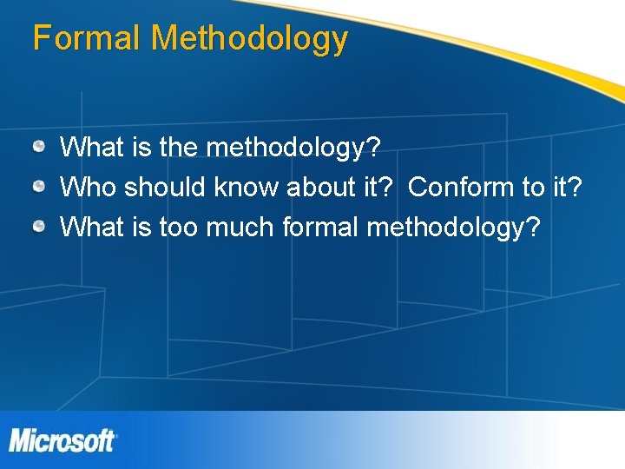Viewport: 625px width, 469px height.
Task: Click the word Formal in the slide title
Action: coord(87,39)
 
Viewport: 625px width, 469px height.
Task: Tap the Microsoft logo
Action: coord(62,440)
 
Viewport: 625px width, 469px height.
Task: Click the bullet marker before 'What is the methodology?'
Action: coord(40,147)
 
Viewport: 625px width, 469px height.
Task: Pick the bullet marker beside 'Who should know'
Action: coord(40,187)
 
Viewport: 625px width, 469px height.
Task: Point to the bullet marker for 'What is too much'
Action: coord(40,227)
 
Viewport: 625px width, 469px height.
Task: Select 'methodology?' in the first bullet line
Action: coord(293,149)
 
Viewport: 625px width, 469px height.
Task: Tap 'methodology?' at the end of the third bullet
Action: coord(454,228)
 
